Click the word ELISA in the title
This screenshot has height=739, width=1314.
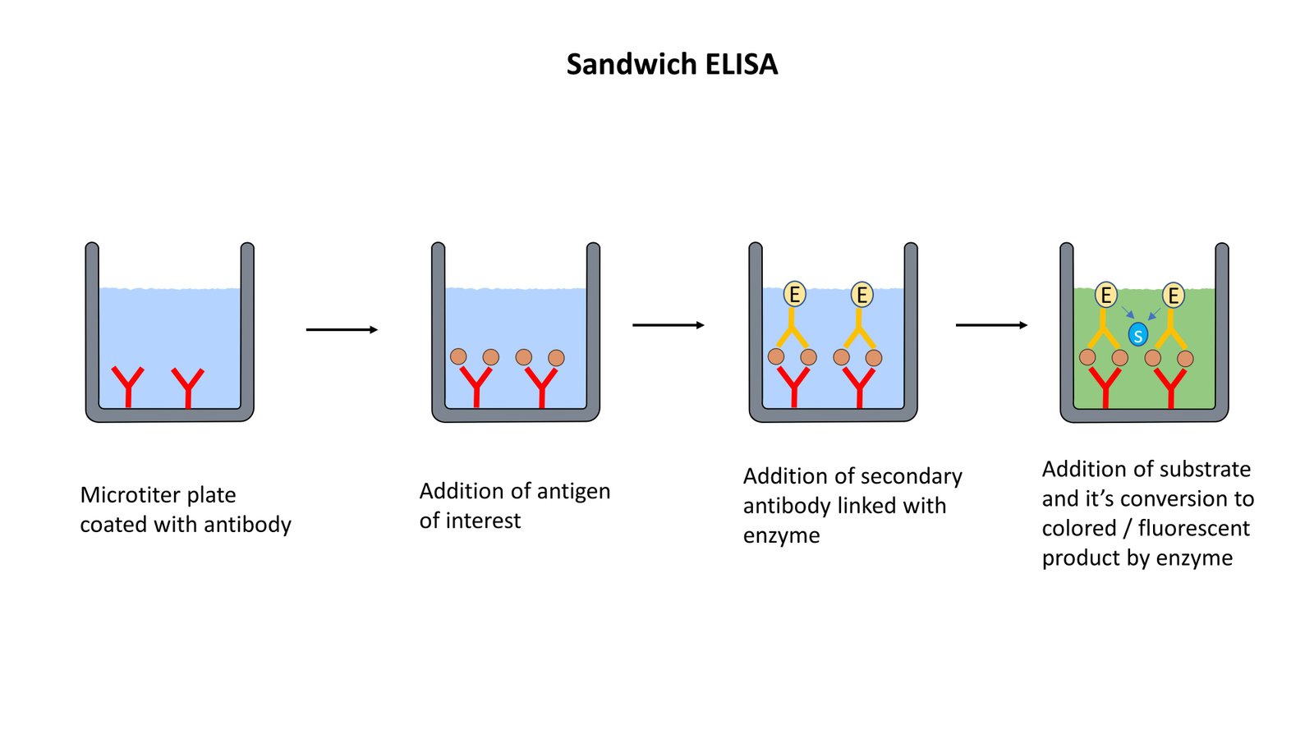pos(732,64)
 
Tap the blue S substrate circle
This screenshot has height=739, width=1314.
pos(1137,334)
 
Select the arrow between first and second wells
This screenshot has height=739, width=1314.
pos(342,329)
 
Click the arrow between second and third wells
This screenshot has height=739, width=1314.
pos(668,325)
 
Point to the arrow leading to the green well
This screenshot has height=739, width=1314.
pos(991,325)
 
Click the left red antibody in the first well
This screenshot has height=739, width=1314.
pos(128,386)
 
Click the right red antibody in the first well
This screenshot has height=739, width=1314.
pos(188,386)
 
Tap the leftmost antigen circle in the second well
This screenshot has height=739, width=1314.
pos(458,356)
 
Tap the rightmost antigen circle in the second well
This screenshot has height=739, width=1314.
pos(556,358)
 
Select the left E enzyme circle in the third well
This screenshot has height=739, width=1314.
pos(794,294)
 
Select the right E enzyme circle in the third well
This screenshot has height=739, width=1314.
pos(861,294)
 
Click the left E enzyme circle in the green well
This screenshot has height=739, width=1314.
pos(1106,295)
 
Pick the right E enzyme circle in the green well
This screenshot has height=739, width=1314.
pos(1173,295)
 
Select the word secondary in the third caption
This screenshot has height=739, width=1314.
pos(912,476)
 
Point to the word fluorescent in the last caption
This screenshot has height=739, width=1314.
pos(1193,528)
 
